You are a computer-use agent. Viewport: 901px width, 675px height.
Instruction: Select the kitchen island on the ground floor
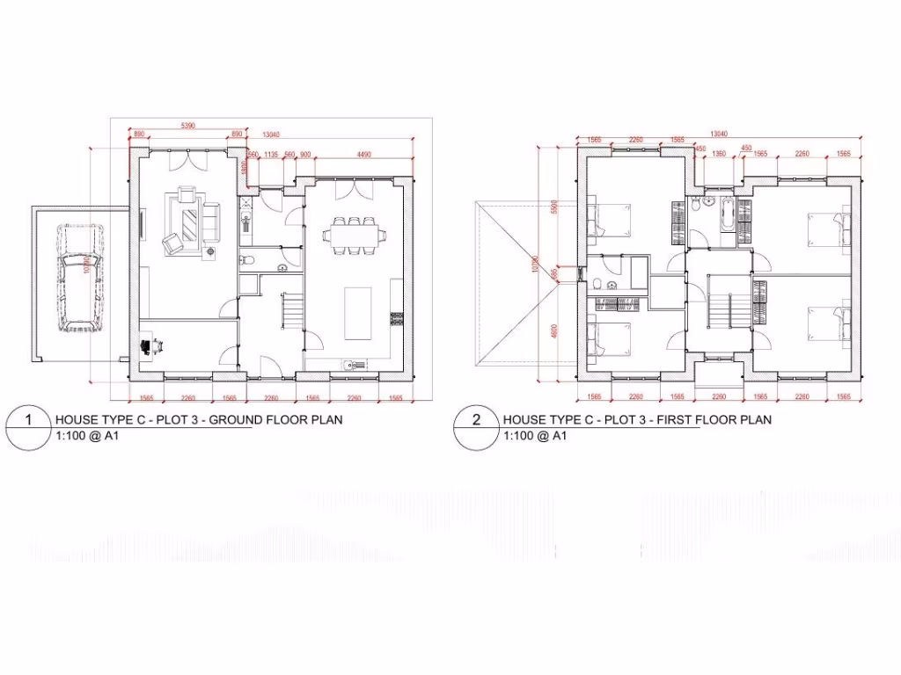tap(358, 311)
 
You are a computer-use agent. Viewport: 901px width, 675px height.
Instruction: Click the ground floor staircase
tap(291, 309)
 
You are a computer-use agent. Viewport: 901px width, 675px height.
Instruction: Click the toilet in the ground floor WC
tap(247, 260)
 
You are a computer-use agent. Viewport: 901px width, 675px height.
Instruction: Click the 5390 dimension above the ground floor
tap(187, 127)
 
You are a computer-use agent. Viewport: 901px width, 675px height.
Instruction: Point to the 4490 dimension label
tap(363, 155)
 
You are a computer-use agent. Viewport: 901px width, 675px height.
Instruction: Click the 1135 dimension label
tap(272, 155)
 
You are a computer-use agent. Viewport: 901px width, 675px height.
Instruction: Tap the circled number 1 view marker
tap(28, 420)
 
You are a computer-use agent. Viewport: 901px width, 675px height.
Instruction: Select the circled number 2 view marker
tap(476, 420)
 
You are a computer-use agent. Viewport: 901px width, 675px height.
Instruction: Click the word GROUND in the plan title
tap(232, 420)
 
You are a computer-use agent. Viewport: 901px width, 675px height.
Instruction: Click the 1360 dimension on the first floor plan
tap(719, 155)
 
